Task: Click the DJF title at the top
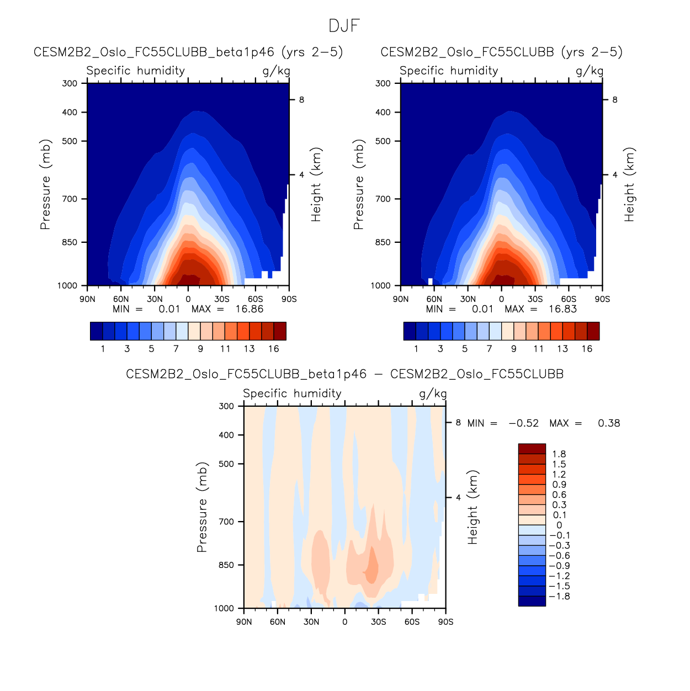(x=344, y=26)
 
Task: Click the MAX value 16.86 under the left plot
(x=250, y=309)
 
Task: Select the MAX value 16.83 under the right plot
(x=562, y=309)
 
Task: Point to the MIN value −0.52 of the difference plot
(x=523, y=423)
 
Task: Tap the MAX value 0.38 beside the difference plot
(x=609, y=423)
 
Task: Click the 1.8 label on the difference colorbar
(x=559, y=454)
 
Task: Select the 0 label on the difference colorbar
(x=559, y=525)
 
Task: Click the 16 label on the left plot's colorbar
(x=274, y=349)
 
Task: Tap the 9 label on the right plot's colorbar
(x=514, y=349)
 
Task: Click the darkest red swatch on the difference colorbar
(x=532, y=449)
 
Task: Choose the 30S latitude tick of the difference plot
(x=379, y=622)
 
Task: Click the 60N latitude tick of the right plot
(x=434, y=299)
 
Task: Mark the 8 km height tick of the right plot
(x=615, y=100)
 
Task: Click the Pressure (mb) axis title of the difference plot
(x=202, y=507)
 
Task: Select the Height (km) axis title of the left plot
(x=316, y=184)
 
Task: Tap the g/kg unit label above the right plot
(x=590, y=71)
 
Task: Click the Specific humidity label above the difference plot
(x=292, y=394)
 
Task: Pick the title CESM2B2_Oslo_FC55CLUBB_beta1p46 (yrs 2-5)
(x=188, y=52)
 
